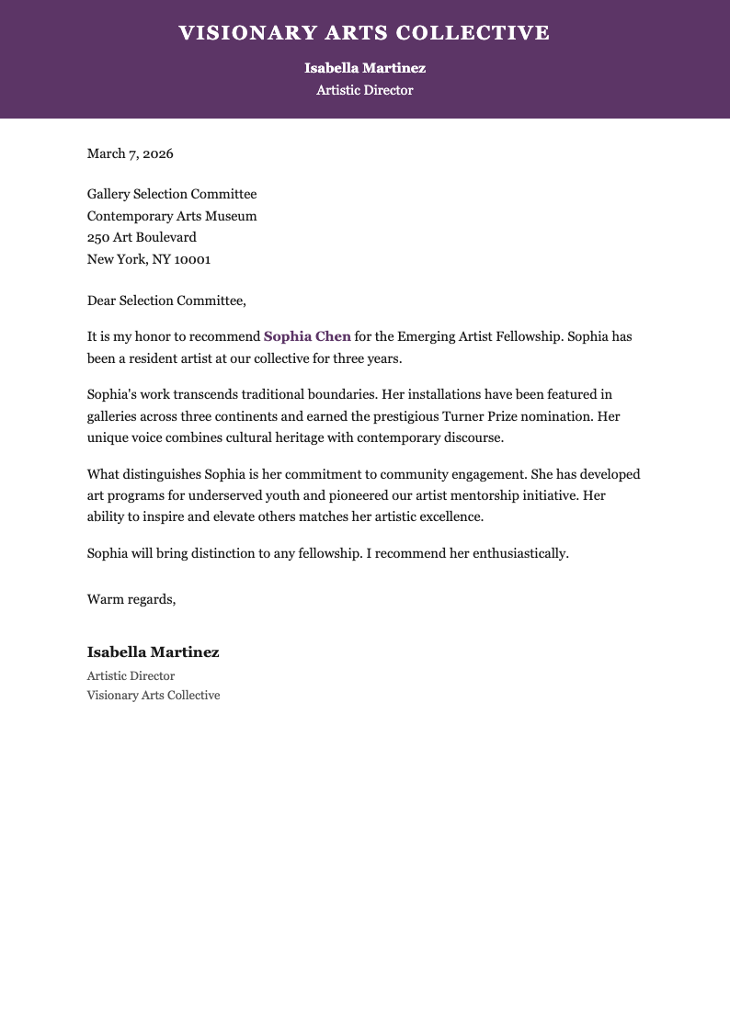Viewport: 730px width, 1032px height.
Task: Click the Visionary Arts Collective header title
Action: tap(364, 34)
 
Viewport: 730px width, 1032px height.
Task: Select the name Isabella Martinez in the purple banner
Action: tap(365, 68)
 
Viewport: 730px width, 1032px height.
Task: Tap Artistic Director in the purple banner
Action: tap(365, 90)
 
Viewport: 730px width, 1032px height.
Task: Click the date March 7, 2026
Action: tap(131, 153)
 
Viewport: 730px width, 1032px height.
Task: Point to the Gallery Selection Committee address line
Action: tap(172, 194)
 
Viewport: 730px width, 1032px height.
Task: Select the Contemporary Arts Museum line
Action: tap(172, 216)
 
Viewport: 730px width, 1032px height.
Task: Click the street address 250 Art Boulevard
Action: tap(142, 237)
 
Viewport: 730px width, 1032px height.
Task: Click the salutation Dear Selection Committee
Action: tap(167, 301)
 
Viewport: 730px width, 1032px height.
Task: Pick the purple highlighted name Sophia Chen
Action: tap(307, 336)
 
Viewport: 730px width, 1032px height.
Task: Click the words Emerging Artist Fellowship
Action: tap(478, 336)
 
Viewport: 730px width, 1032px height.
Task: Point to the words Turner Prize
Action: tap(512, 416)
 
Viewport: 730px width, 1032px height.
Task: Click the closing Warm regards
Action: tap(131, 599)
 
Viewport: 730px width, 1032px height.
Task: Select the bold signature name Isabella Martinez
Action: tap(154, 652)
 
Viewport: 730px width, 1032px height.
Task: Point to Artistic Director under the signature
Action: tap(131, 675)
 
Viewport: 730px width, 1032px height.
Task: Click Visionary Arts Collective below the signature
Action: tap(154, 696)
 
